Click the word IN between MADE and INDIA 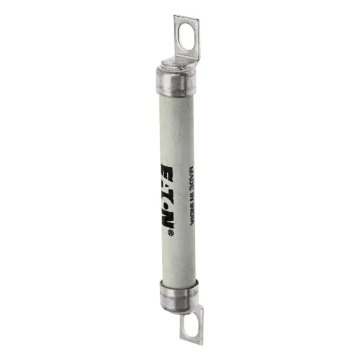click(189, 192)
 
